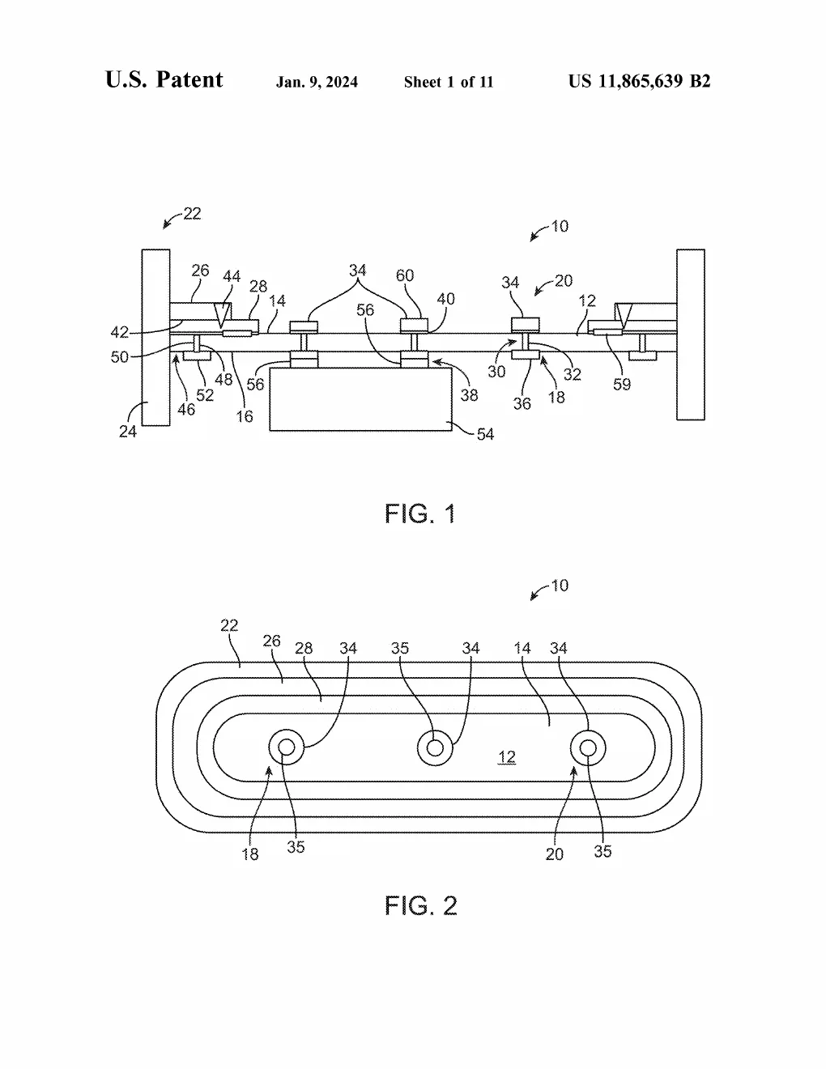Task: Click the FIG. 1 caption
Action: coord(419,514)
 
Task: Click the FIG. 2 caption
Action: coord(420,905)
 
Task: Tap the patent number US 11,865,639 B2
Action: coord(639,81)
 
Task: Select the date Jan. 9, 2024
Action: coord(317,82)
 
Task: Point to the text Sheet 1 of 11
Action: coord(448,82)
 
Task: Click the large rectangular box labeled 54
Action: coord(360,399)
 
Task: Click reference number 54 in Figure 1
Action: coord(485,434)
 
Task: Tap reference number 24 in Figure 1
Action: coord(127,432)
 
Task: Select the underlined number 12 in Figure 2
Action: coord(507,756)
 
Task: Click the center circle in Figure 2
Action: coord(435,747)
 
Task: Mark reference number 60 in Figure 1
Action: coord(405,275)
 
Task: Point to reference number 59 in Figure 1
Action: coord(622,384)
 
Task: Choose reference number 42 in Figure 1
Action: coord(119,333)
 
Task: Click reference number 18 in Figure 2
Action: coord(250,854)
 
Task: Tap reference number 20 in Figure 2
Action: coord(555,854)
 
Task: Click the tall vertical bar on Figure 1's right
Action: coord(691,334)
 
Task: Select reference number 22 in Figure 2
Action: coord(229,625)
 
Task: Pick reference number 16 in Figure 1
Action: coord(244,417)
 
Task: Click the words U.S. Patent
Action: coord(164,79)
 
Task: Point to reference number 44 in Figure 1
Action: coord(232,276)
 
